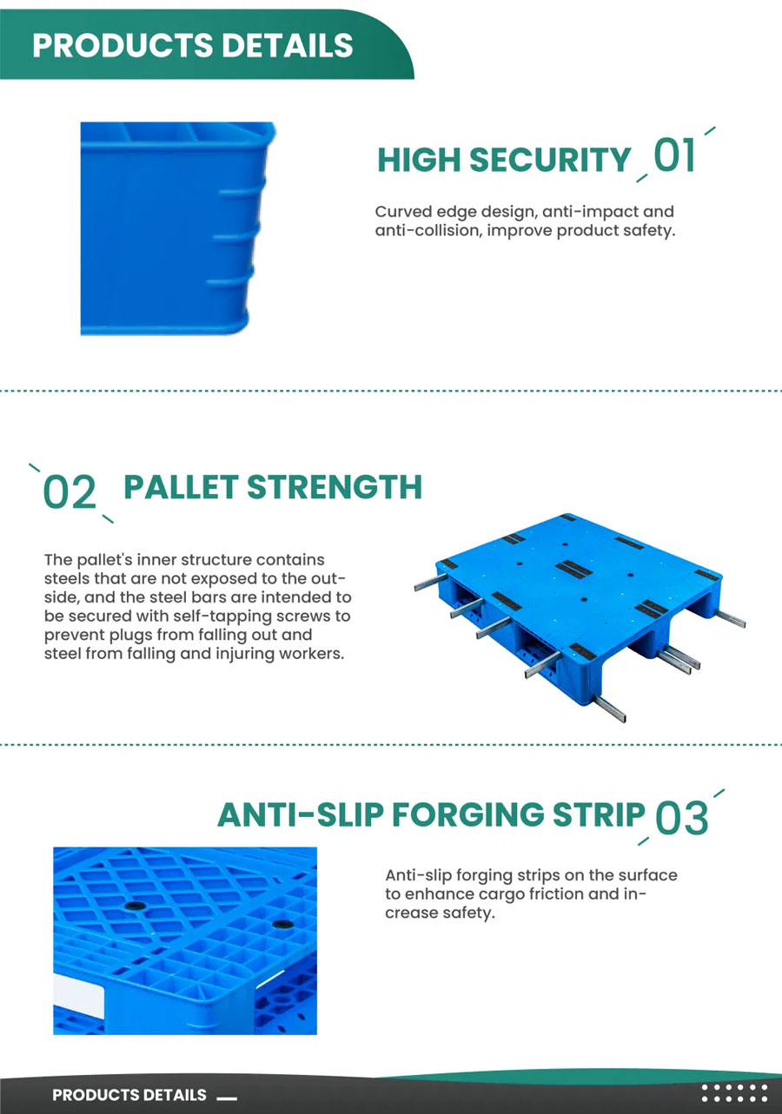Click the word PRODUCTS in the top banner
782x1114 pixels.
tap(123, 45)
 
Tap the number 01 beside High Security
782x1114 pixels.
tap(674, 155)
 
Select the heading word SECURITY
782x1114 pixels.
tap(550, 160)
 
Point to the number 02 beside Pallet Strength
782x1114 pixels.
tap(70, 491)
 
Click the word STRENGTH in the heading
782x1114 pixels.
tap(335, 486)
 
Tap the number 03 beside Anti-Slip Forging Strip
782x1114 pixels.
tap(681, 818)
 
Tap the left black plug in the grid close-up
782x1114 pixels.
tap(135, 906)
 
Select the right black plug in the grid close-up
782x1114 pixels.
tap(282, 924)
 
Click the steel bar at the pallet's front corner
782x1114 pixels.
tap(608, 708)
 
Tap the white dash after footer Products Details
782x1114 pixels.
tap(227, 1098)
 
